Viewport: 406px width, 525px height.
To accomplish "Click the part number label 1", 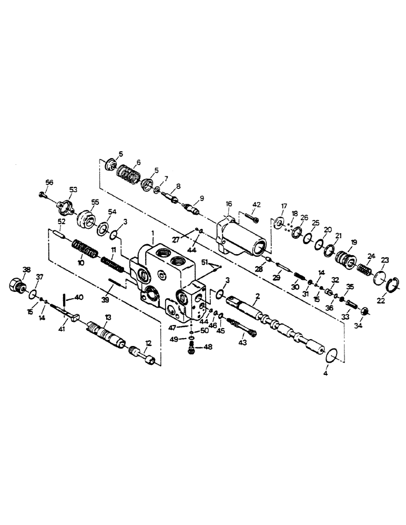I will click(x=153, y=232).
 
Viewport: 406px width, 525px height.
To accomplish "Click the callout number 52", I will click(x=62, y=223).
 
